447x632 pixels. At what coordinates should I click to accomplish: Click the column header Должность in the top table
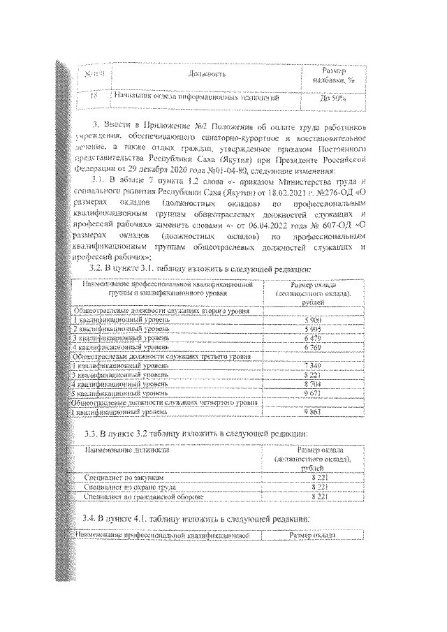point(207,74)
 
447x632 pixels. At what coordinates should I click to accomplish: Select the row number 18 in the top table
point(94,98)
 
